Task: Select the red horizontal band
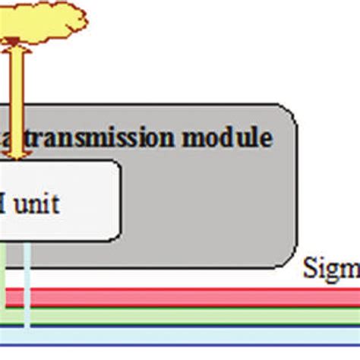click(x=182, y=297)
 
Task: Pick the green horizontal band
click(x=182, y=314)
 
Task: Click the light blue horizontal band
click(x=182, y=335)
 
